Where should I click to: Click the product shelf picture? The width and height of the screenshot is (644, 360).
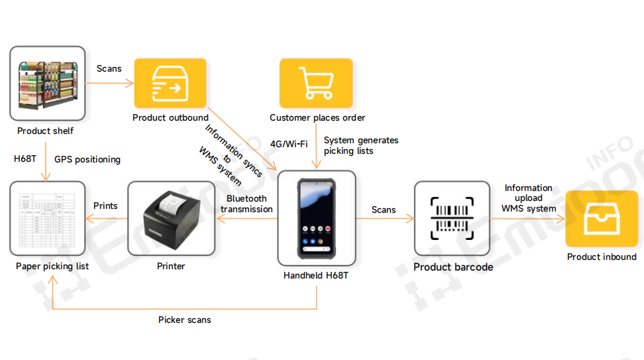pos(47,84)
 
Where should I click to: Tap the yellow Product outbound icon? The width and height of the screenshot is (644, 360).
pos(170,83)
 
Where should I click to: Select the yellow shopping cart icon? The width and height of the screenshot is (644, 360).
pos(315,83)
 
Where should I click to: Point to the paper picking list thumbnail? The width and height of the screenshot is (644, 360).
pos(46,218)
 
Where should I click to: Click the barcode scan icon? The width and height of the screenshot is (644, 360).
pos(453,218)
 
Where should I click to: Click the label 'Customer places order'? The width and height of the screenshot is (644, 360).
pos(317,118)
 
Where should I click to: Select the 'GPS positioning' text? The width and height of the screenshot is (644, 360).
pos(87,159)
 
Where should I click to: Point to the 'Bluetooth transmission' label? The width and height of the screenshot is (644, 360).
pos(246,204)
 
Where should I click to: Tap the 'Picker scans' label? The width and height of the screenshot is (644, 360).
pos(184,320)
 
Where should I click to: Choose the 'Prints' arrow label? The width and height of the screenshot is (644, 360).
pos(105,206)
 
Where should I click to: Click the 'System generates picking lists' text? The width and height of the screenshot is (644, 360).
pos(361,145)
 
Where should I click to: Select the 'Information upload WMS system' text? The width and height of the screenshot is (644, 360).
pos(529,198)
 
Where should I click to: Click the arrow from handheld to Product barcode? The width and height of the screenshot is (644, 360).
pos(385,218)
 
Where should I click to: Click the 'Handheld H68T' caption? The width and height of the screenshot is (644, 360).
pos(316,275)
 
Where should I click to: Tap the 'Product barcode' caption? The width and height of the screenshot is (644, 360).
pos(453,267)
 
